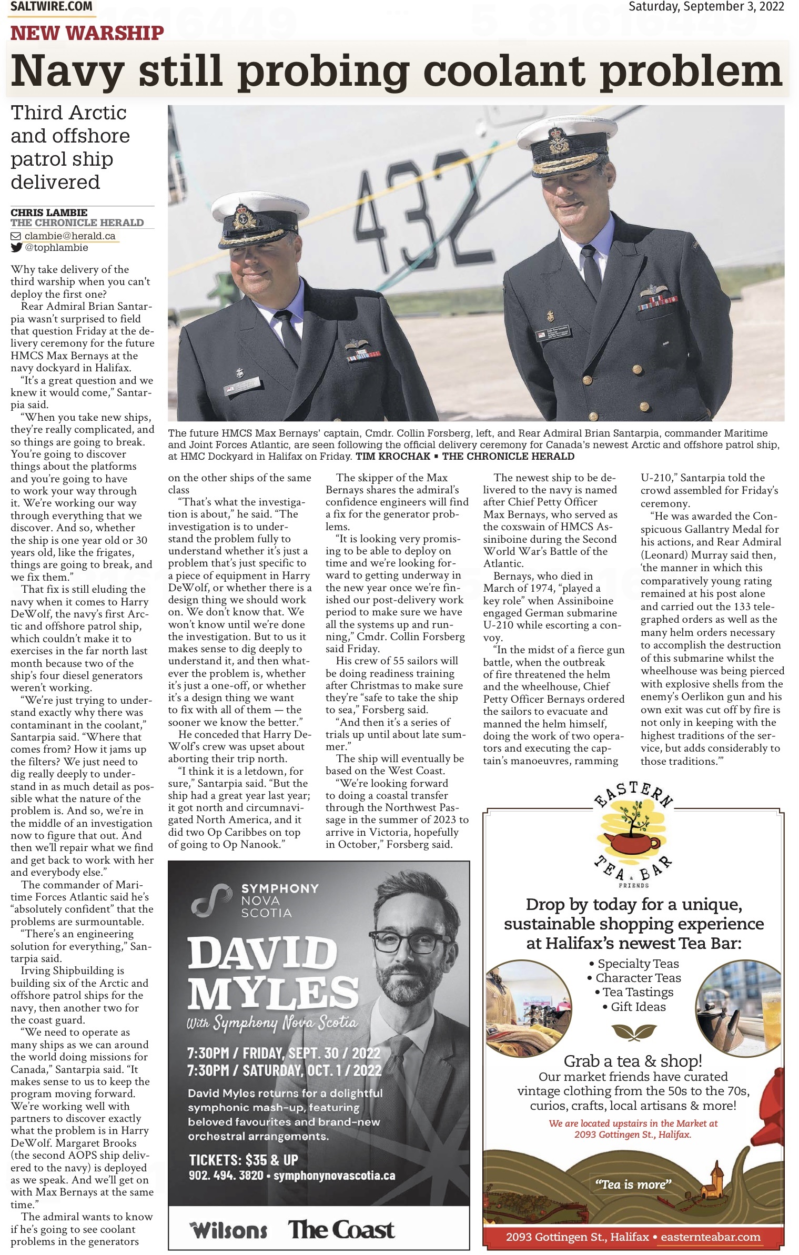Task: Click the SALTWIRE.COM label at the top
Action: (x=51, y=7)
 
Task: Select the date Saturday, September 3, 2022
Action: (x=706, y=7)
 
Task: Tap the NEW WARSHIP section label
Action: (x=87, y=33)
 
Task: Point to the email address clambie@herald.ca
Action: (x=69, y=236)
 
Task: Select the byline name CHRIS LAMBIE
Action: (x=49, y=212)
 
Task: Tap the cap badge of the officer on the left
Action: (x=244, y=216)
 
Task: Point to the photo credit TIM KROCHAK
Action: (x=392, y=456)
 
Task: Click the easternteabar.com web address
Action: (x=710, y=1236)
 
